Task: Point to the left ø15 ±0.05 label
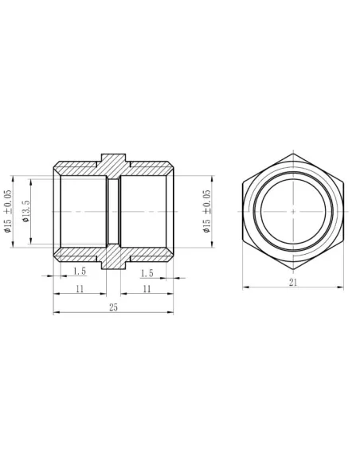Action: [x=10, y=212]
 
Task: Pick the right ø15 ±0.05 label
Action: [x=207, y=212]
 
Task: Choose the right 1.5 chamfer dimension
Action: [x=147, y=272]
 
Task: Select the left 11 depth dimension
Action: [x=80, y=290]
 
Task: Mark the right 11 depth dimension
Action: [x=147, y=290]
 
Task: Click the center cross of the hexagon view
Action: [x=293, y=212]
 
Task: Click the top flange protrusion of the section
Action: [x=112, y=158]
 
